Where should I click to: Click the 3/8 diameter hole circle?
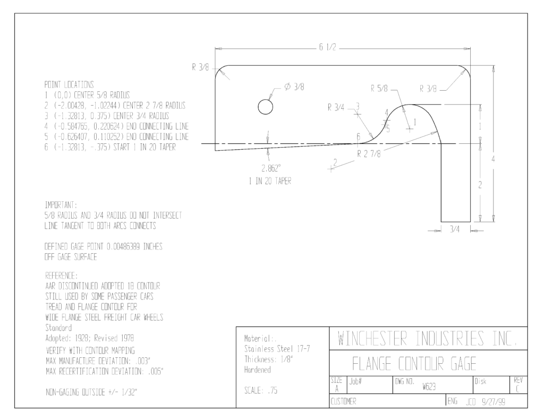(266, 99)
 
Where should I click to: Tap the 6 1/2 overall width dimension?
(327, 47)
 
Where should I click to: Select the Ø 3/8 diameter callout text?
(294, 87)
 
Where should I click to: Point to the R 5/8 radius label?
(379, 89)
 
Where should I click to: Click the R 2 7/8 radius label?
(369, 154)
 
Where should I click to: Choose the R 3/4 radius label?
(336, 108)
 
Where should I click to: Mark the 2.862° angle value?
(271, 168)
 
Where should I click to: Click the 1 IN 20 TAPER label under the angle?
(270, 181)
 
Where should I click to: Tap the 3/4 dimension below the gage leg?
(455, 229)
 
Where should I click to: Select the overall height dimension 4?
(493, 159)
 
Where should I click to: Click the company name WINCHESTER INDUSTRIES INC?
(428, 339)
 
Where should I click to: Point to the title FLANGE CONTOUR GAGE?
(414, 364)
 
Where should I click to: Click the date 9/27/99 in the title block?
(494, 402)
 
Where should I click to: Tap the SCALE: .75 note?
(261, 391)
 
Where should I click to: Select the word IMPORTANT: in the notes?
(61, 205)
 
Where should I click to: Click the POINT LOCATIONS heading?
(69, 84)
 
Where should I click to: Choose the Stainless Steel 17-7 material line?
(277, 349)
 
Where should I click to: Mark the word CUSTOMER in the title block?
(344, 401)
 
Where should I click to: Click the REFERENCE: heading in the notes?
(62, 276)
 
